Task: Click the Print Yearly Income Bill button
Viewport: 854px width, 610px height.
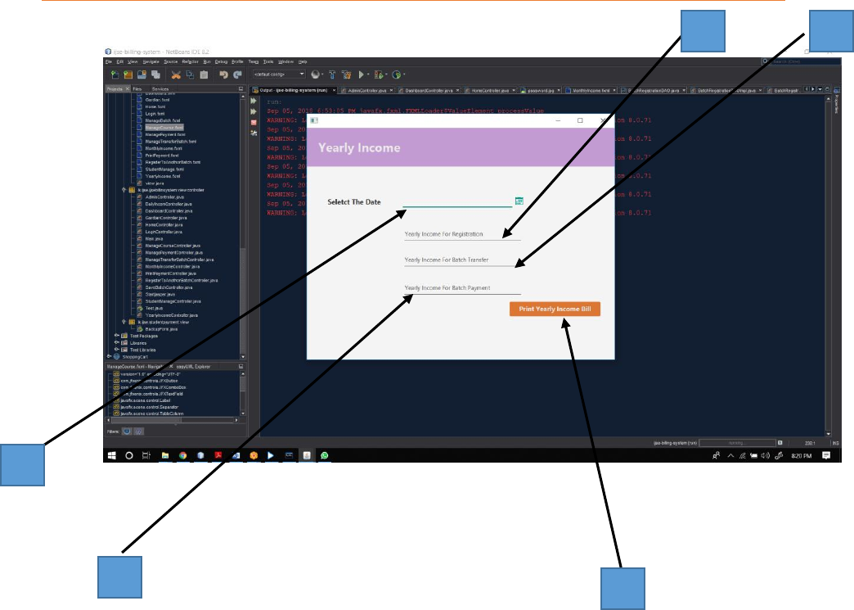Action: point(555,309)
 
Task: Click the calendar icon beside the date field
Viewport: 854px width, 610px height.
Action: point(519,201)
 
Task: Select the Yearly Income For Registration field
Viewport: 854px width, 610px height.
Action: point(462,234)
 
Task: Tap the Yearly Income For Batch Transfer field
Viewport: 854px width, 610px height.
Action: point(462,260)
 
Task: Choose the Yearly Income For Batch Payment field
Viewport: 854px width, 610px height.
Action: point(462,288)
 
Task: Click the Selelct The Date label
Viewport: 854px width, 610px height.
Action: point(353,201)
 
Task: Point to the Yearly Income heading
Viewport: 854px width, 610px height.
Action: point(359,148)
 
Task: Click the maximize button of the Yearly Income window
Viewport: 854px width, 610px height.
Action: point(580,120)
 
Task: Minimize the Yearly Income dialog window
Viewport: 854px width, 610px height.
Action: point(558,120)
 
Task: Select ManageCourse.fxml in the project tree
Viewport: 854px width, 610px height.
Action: point(164,128)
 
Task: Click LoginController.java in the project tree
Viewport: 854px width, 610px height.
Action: point(164,232)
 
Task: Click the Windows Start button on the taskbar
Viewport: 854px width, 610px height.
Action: point(110,454)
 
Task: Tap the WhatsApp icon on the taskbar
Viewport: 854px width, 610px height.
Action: point(325,454)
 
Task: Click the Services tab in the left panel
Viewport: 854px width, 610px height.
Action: point(160,88)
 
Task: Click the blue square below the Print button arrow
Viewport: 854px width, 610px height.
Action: point(623,589)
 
